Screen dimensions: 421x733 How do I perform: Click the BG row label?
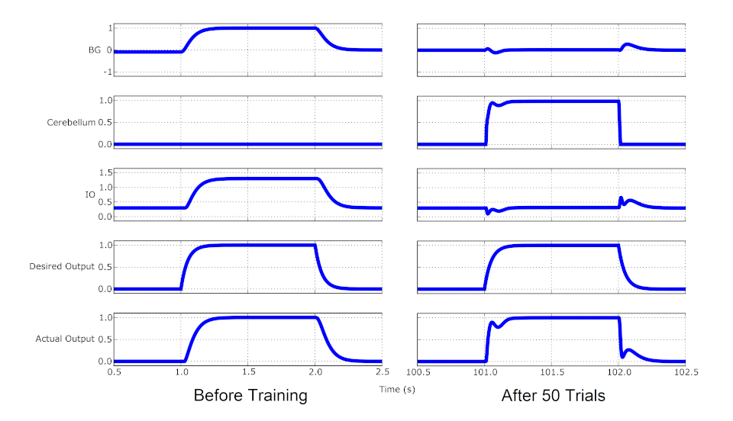click(x=94, y=50)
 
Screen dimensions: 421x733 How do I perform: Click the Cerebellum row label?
click(x=71, y=122)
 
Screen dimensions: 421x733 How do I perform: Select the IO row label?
click(x=89, y=194)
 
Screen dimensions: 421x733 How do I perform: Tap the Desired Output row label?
click(x=62, y=266)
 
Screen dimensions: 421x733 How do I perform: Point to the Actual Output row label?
click(x=65, y=339)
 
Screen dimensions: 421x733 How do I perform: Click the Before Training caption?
click(x=250, y=396)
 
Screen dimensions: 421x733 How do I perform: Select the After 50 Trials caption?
click(x=553, y=396)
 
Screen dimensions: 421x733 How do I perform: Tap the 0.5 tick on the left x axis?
click(x=114, y=372)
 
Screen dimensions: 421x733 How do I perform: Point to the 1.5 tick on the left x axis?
click(x=248, y=372)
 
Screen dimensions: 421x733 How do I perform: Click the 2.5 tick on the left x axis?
click(x=383, y=372)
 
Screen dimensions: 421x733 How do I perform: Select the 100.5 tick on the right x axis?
click(x=418, y=372)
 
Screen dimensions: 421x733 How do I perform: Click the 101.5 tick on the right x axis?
click(x=552, y=372)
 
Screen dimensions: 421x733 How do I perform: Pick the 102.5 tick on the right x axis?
click(x=686, y=372)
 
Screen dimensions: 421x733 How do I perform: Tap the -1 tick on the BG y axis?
click(x=108, y=72)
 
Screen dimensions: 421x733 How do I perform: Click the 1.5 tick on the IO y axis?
click(x=105, y=172)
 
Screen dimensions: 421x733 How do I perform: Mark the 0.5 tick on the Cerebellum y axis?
click(x=105, y=122)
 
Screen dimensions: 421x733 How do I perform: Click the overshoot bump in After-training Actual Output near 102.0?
click(x=629, y=351)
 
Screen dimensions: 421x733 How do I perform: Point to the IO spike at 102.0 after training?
click(x=621, y=199)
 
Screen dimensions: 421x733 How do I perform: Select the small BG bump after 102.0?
click(x=629, y=45)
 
